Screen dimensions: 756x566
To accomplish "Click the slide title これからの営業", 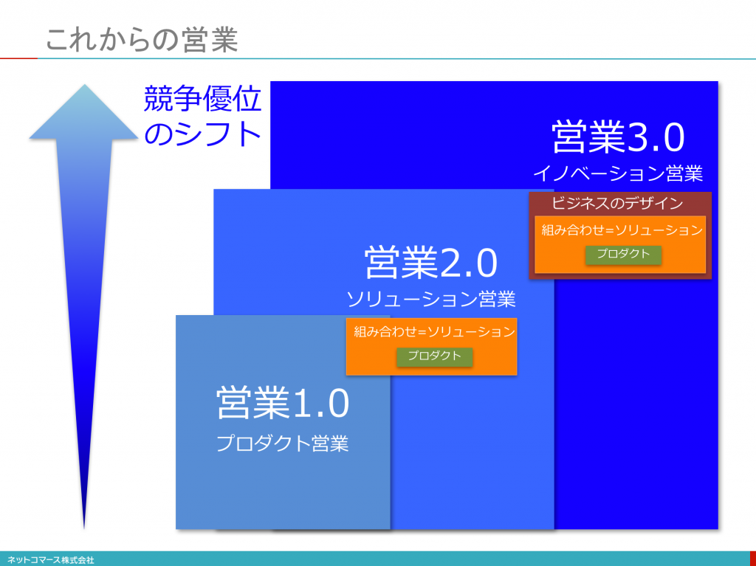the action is tap(142, 39).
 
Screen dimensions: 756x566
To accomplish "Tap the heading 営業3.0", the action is tap(618, 137).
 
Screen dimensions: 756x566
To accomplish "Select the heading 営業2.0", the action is tap(430, 263).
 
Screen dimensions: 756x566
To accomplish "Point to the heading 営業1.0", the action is tap(283, 403).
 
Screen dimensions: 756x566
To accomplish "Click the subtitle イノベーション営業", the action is tap(618, 173).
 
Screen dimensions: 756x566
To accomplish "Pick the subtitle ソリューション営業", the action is tap(431, 300).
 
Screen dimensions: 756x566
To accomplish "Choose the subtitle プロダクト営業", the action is tap(283, 444).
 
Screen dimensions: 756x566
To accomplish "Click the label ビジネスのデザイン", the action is tap(617, 203).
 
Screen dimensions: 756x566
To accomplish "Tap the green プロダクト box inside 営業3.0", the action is tap(623, 254).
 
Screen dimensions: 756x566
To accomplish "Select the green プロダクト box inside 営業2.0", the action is tap(434, 356).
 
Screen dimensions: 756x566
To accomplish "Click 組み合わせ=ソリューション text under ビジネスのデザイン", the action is tap(622, 230).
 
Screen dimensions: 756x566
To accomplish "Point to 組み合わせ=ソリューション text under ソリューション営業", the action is tap(434, 331).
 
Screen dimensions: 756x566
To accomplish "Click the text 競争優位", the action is tap(202, 100).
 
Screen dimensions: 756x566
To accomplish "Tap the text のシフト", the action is tap(202, 134).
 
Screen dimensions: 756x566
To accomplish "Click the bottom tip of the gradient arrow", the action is tap(84, 528).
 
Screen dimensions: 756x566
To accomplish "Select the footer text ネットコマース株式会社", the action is tap(51, 560).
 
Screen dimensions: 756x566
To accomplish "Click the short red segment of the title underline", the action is tap(18, 59).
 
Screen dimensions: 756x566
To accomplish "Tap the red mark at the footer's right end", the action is tap(753, 559).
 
